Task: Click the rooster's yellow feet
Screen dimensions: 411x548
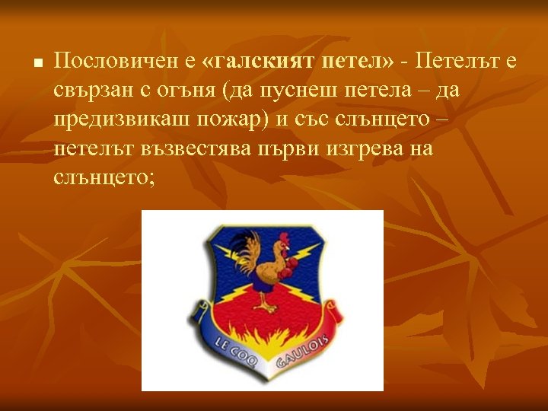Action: click(268, 307)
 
